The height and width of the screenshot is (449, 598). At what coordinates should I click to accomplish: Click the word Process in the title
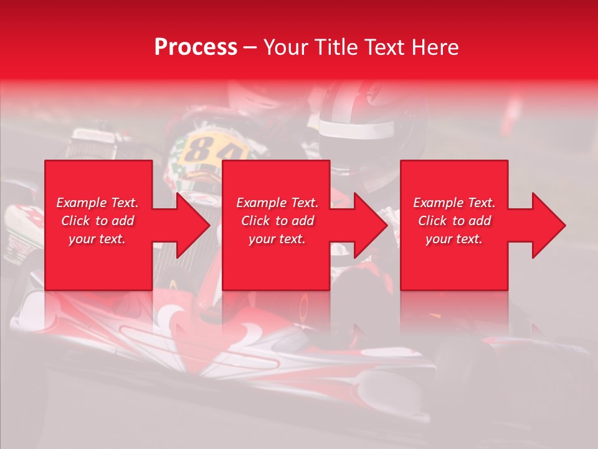point(196,47)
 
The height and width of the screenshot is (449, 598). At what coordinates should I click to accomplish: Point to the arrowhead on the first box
point(192,225)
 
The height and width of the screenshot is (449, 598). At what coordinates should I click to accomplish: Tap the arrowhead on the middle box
point(370,225)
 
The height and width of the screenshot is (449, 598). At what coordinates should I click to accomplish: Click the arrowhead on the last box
point(548,225)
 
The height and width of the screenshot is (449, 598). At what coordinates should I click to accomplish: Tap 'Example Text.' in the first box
point(97,203)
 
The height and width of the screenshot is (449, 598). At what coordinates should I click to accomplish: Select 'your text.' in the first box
point(97,239)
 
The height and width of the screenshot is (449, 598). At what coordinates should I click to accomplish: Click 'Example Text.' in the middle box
point(277,203)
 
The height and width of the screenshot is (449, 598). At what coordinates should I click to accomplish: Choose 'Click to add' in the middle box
point(277,221)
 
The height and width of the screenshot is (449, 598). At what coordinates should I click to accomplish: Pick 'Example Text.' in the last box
point(454,203)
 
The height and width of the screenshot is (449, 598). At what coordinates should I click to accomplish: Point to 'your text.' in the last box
point(454,239)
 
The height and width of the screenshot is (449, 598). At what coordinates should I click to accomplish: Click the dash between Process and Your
point(250,48)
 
